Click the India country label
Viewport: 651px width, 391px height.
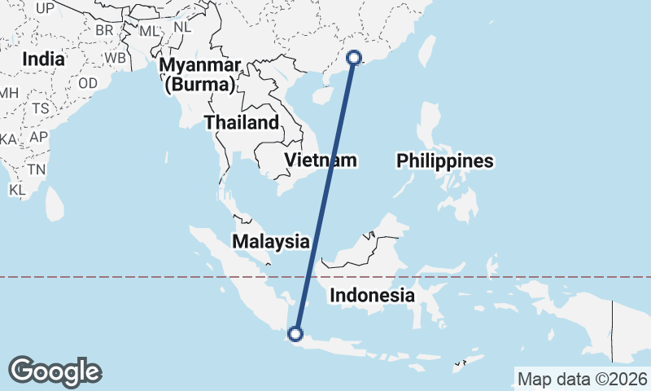(43, 59)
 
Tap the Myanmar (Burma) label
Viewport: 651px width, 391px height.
(200, 74)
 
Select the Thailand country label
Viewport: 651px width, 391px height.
(241, 123)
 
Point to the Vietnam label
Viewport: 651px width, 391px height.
(321, 160)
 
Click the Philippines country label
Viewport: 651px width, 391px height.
(445, 161)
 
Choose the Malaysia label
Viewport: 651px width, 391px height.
(270, 241)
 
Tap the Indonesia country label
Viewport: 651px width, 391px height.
(372, 296)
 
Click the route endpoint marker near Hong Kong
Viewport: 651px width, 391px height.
(354, 57)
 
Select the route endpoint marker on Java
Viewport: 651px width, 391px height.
(295, 333)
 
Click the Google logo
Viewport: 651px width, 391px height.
(55, 371)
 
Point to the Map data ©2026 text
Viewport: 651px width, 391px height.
(583, 379)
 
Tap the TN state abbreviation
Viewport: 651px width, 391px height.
(36, 169)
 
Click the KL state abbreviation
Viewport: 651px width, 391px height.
(18, 190)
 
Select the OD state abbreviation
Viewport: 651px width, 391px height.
(88, 83)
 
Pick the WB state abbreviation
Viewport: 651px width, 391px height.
(115, 59)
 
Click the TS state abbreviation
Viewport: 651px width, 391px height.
(40, 108)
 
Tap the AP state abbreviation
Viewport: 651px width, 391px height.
(38, 136)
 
